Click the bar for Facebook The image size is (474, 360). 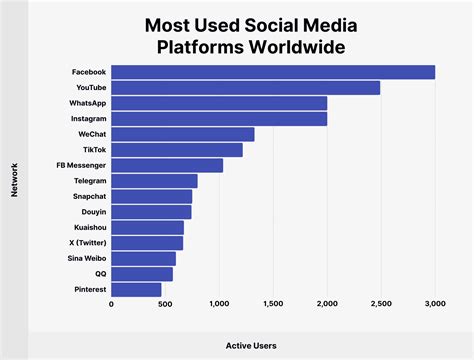point(272,72)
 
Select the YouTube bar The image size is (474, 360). point(245,88)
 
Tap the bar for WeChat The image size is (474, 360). point(182,134)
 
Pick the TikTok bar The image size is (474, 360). point(176,150)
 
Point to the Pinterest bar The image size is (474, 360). point(136,289)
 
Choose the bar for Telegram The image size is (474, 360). point(154,181)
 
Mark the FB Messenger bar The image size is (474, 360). point(167,165)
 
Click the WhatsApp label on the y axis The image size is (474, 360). point(87,103)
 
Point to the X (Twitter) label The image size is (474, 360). point(84,243)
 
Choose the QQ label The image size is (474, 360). point(99,274)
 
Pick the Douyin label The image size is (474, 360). point(92,212)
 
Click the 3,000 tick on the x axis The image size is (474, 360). point(434,304)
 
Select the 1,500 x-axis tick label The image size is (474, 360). point(273,304)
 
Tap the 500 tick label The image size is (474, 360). point(165,304)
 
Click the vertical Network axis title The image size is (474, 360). point(15,181)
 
